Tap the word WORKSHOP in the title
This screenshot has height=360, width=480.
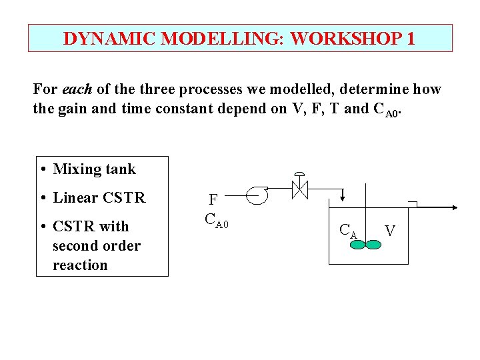346,39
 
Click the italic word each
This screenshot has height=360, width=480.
75,89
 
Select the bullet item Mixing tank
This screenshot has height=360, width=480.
94,169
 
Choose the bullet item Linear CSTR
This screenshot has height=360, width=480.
99,198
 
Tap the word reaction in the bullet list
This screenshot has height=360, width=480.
80,265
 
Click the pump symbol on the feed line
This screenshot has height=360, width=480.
257,195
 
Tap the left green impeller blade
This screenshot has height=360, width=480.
358,245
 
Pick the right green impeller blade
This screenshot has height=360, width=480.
373,245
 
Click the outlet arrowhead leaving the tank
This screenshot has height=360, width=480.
455,208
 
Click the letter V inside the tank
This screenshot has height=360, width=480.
390,231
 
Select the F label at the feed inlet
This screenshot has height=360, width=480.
213,200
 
